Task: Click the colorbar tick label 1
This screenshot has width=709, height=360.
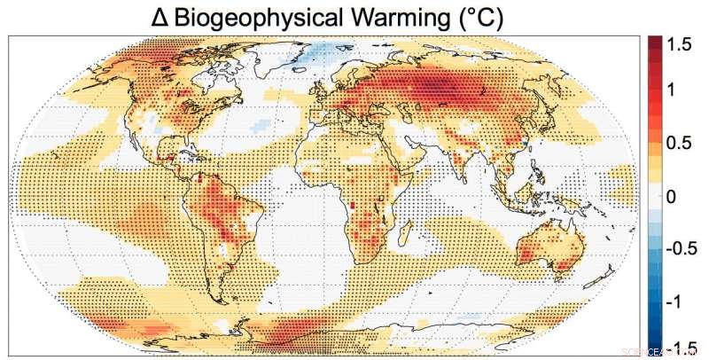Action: tap(671, 89)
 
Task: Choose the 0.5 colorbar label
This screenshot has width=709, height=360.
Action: tap(679, 143)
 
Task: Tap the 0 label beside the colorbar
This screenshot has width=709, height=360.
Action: tap(671, 196)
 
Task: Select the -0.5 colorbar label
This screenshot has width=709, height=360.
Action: tap(682, 249)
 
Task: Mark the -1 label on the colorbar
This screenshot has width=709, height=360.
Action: tap(674, 302)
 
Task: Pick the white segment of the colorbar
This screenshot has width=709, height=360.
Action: tap(656, 196)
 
